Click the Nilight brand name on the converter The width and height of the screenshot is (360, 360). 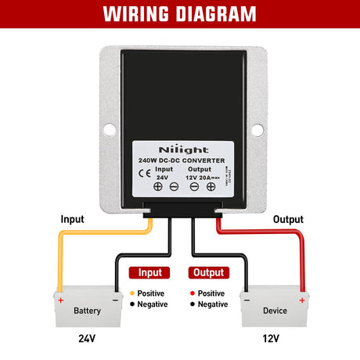point(179,148)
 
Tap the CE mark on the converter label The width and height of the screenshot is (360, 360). point(144,173)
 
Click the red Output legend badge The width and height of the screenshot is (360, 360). point(208,272)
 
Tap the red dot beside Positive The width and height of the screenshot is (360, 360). point(192,293)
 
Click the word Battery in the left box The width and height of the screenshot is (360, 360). point(87,311)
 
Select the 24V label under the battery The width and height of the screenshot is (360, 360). point(87,340)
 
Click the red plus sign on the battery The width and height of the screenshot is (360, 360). point(60,298)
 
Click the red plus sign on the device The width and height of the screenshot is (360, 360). point(301,298)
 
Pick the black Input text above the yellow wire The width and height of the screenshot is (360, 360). point(72,219)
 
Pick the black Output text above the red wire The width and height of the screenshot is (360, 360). point(287,219)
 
